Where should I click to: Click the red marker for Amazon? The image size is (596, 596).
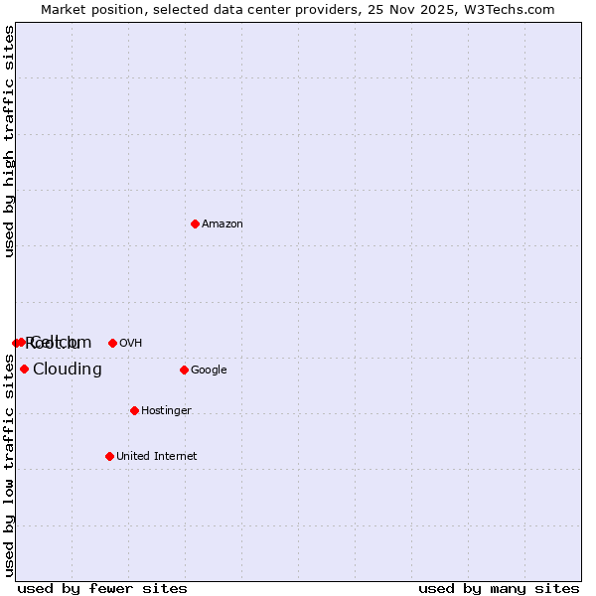(x=195, y=223)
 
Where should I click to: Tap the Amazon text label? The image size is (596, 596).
(x=223, y=224)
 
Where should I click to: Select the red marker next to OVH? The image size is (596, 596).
(x=112, y=343)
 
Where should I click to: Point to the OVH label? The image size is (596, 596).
(x=130, y=344)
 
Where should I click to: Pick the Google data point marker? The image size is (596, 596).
(x=184, y=370)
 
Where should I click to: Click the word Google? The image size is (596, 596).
(x=209, y=371)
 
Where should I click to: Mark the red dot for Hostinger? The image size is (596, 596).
(x=134, y=410)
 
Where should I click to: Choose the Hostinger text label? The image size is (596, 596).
(x=166, y=411)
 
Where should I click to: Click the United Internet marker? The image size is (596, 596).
(x=109, y=456)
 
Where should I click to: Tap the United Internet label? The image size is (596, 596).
(x=156, y=457)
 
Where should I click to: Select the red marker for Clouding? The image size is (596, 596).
(x=24, y=369)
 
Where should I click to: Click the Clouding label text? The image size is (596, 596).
(x=68, y=370)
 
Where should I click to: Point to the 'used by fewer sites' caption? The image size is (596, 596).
(x=102, y=588)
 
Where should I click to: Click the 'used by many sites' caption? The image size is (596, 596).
(x=499, y=588)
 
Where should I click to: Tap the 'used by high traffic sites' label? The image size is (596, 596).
(x=10, y=141)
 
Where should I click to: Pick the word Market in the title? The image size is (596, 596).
(x=63, y=10)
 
